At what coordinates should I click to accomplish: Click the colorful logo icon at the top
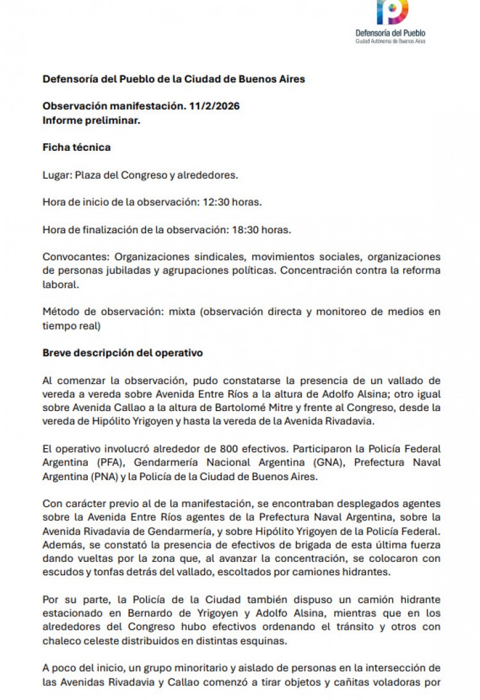tap(392, 12)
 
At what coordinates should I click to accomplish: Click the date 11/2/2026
tap(214, 106)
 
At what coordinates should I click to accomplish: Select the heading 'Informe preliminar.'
tap(92, 120)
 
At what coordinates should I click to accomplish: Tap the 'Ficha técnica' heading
tap(77, 147)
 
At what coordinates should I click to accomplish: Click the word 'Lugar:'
tap(58, 175)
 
